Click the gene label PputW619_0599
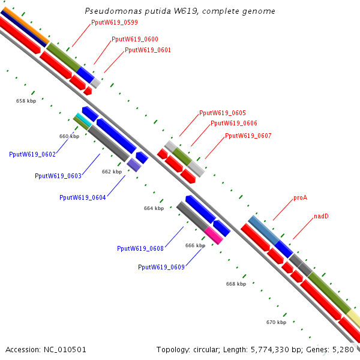(x=114, y=23)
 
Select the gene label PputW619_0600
(x=135, y=39)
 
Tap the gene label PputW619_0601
(x=148, y=50)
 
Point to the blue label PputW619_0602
(x=32, y=155)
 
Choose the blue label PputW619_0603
(x=58, y=176)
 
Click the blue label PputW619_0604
(x=83, y=197)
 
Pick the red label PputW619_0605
(x=222, y=113)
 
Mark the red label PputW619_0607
(x=248, y=136)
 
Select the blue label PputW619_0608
(x=140, y=248)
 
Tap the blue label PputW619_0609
(x=161, y=267)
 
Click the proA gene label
(x=301, y=197)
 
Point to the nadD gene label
(x=321, y=216)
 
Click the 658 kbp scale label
(x=26, y=101)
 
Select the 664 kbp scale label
(x=154, y=209)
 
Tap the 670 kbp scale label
(x=276, y=323)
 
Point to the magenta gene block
(x=214, y=235)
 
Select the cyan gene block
(x=83, y=121)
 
